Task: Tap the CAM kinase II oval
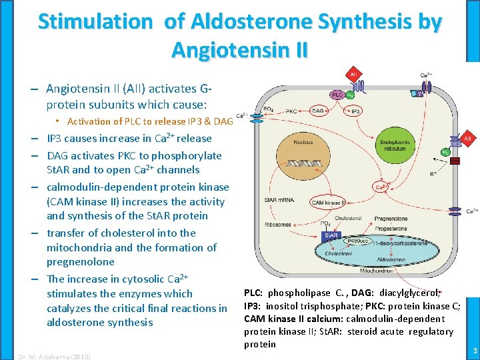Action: (x=327, y=202)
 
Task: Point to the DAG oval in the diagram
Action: (x=319, y=111)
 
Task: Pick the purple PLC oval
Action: (x=337, y=95)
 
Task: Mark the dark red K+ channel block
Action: (x=455, y=161)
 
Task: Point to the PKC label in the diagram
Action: (x=291, y=111)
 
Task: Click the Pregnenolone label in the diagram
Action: (x=391, y=218)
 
